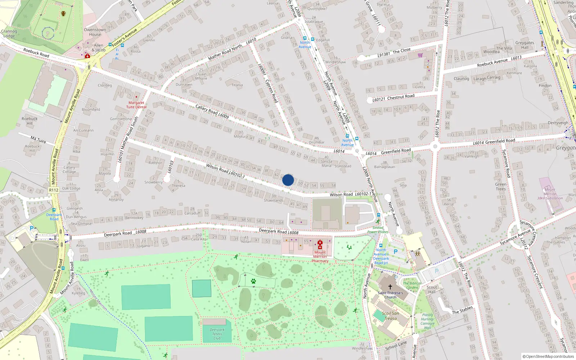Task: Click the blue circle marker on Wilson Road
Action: pyautogui.click(x=288, y=180)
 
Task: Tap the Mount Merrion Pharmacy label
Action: pyautogui.click(x=320, y=256)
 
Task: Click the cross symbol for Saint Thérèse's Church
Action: pyautogui.click(x=390, y=287)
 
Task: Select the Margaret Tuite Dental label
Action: pyautogui.click(x=136, y=105)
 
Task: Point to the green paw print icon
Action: pyautogui.click(x=253, y=281)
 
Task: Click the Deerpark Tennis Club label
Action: pyautogui.click(x=217, y=334)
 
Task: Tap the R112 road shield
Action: pyautogui.click(x=54, y=190)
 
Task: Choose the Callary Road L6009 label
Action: pyautogui.click(x=212, y=112)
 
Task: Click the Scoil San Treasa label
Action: pyautogui.click(x=390, y=316)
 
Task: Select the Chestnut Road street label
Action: pyautogui.click(x=400, y=97)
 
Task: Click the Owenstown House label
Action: pyautogui.click(x=95, y=32)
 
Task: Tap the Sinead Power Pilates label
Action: pyautogui.click(x=378, y=230)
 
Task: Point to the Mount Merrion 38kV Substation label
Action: pyautogui.click(x=550, y=194)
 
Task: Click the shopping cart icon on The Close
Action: pyautogui.click(x=420, y=55)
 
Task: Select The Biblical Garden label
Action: pyautogui.click(x=412, y=285)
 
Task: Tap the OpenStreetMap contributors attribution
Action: pyautogui.click(x=548, y=356)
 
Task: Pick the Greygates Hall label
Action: pyautogui.click(x=525, y=45)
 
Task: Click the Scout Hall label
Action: pyautogui.click(x=432, y=289)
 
